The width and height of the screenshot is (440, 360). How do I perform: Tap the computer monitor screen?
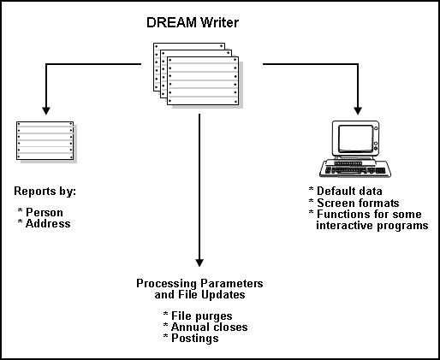tap(353, 139)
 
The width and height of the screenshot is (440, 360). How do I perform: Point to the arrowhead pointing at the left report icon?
tap(45, 111)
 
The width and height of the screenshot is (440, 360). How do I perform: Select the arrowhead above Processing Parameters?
tap(199, 260)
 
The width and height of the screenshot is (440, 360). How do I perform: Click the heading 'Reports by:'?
tap(45, 192)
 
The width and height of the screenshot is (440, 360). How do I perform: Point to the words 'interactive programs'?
tap(371, 226)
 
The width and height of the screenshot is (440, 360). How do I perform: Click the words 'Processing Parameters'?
tap(199, 283)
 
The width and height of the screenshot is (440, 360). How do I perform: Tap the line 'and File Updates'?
tap(199, 294)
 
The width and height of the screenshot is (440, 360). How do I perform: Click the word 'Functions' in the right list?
tap(342, 215)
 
